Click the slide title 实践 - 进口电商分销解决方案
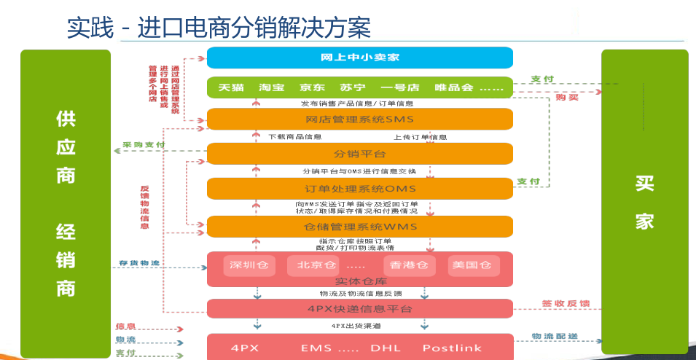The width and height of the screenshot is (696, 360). coord(219,28)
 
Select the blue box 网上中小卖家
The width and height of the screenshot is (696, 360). coord(360,57)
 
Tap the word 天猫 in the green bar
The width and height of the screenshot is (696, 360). coord(232,87)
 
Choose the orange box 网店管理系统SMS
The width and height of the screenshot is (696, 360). coord(360,119)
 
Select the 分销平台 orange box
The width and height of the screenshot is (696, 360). coord(360,154)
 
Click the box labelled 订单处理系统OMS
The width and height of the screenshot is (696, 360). coord(360,189)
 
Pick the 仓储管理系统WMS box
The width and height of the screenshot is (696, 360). coord(360,226)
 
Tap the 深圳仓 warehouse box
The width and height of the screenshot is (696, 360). coord(249,265)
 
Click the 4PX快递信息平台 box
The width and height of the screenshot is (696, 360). coord(360,308)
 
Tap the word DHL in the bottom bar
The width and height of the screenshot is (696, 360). coord(386,348)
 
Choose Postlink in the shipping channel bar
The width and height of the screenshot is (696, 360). coord(452,348)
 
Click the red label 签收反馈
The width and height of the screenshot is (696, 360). coord(566,302)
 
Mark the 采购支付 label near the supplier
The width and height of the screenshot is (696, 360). coord(144,144)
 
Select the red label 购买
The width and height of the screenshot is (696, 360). coord(567,95)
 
